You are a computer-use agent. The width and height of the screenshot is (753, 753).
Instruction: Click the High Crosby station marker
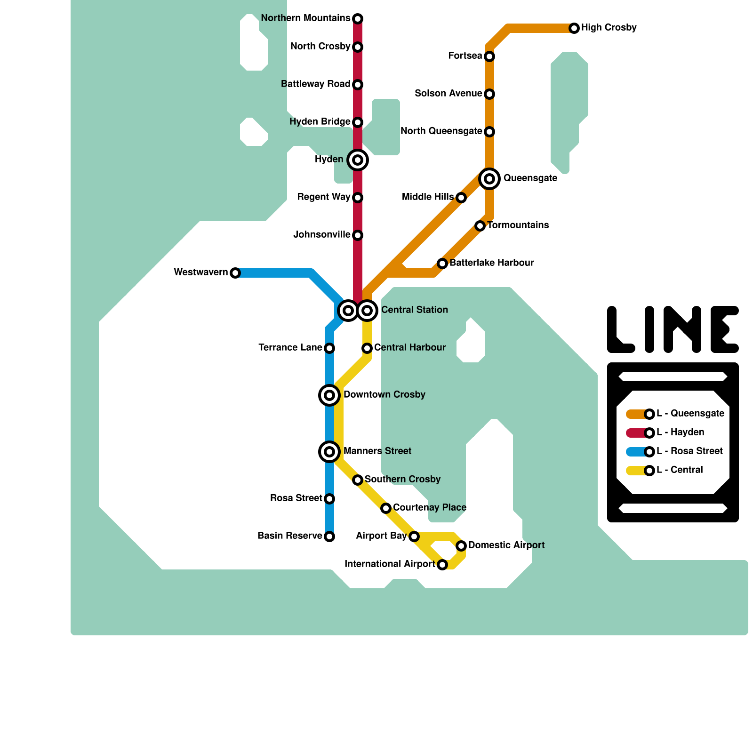click(x=574, y=28)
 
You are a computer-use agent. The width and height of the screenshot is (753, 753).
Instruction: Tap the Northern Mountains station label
click(x=305, y=18)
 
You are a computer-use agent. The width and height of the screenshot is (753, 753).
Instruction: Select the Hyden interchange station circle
click(x=358, y=160)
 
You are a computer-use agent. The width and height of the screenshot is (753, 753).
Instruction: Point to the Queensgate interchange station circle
click(x=489, y=179)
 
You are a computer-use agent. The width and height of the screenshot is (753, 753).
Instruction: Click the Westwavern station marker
click(x=235, y=273)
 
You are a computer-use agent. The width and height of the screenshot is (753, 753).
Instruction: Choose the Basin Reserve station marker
click(x=329, y=537)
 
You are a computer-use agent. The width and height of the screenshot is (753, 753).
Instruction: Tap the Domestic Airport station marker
click(x=461, y=545)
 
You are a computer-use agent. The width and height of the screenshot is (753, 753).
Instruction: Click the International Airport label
click(x=390, y=564)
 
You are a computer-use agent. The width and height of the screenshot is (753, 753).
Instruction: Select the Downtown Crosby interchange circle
click(x=329, y=395)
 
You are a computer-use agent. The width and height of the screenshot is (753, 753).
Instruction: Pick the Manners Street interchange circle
click(x=329, y=452)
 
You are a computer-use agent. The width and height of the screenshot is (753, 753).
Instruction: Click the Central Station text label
click(x=414, y=310)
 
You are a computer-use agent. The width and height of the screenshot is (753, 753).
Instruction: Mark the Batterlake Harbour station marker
click(x=442, y=264)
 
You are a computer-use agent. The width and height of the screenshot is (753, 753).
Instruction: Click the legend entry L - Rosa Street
click(x=689, y=451)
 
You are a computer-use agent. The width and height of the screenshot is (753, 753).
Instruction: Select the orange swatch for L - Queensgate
click(x=635, y=414)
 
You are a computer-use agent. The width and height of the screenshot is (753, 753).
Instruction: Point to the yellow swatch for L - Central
click(x=635, y=471)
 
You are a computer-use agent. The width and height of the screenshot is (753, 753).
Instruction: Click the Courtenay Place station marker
click(x=386, y=508)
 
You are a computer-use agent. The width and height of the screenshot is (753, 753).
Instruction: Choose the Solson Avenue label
click(x=448, y=94)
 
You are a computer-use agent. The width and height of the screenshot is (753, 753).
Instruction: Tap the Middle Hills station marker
click(x=461, y=198)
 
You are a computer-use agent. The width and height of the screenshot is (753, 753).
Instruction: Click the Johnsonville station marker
click(x=358, y=235)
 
